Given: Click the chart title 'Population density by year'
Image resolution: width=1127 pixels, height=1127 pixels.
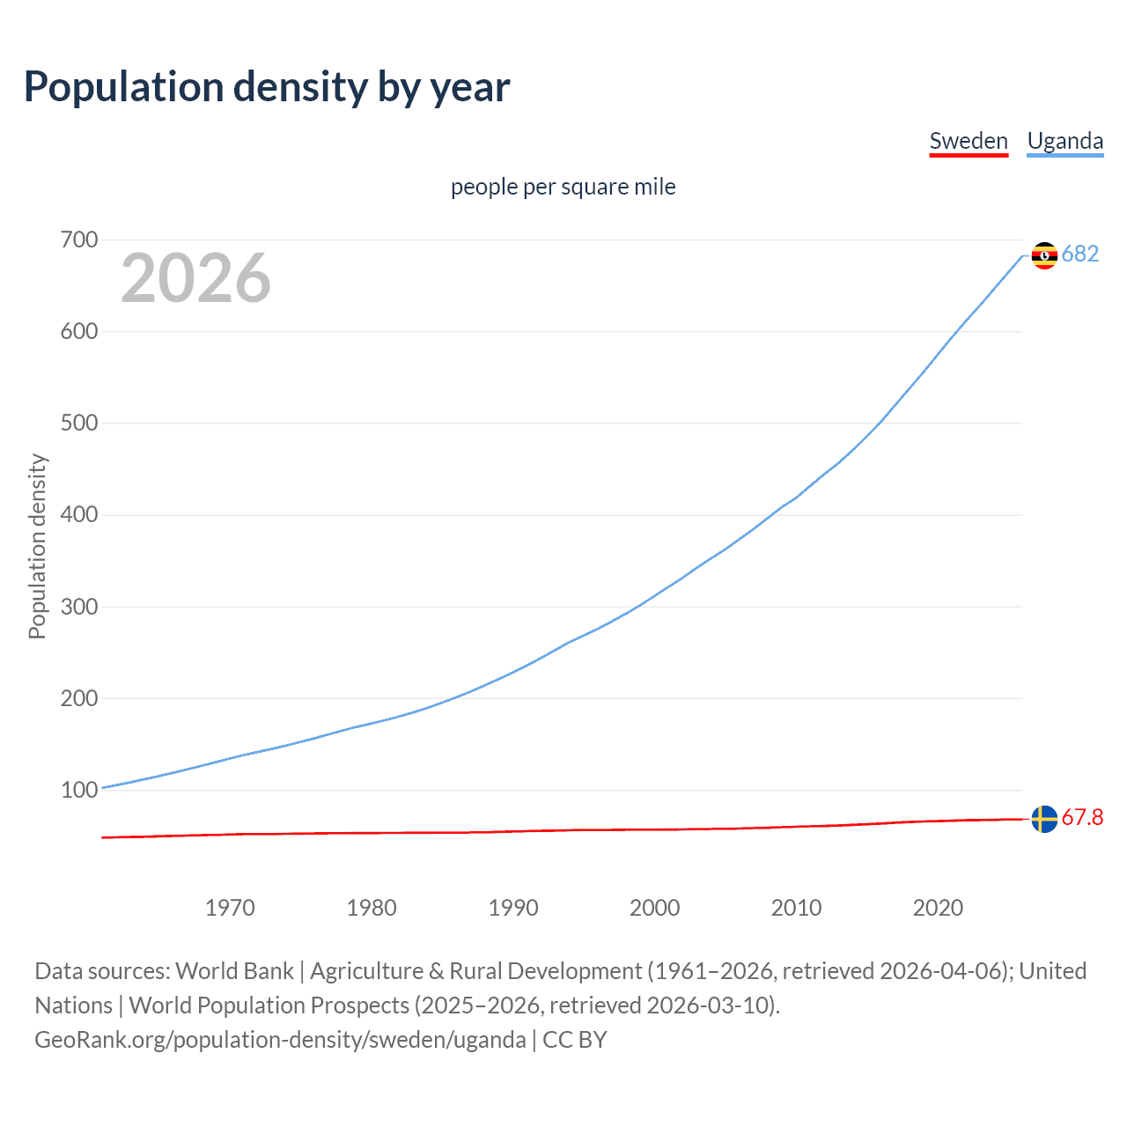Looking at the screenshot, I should [x=267, y=87].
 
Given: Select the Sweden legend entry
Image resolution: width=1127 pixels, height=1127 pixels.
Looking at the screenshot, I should [x=969, y=141].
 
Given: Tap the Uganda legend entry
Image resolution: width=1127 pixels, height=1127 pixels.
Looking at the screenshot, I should [x=1064, y=141].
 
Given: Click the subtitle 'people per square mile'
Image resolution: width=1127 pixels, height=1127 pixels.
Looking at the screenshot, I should [x=563, y=187].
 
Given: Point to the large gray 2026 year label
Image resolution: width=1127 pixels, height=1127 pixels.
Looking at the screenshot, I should [x=195, y=278].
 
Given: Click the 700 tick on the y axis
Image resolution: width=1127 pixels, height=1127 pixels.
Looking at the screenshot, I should [x=79, y=239].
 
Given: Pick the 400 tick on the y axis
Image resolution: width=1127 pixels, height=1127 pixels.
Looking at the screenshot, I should [x=79, y=514].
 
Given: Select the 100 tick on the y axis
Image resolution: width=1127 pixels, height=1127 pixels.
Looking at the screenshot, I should [x=79, y=790].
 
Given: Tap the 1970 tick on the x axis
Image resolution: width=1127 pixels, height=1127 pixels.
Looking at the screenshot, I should [x=230, y=908].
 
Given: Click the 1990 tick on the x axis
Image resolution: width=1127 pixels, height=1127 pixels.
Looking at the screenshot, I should [x=513, y=908].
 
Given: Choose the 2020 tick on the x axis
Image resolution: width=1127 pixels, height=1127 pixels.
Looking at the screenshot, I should [x=938, y=908].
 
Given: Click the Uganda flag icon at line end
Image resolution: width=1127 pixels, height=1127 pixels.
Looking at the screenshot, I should [x=1044, y=255].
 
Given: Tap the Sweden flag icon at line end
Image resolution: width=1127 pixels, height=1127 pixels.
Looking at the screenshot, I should [x=1044, y=819].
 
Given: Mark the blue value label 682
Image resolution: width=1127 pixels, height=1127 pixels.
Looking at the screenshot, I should [x=1080, y=254].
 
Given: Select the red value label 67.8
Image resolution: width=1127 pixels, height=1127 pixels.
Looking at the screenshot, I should [x=1082, y=818].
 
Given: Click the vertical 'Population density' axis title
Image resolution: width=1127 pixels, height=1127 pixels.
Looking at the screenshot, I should [x=37, y=546].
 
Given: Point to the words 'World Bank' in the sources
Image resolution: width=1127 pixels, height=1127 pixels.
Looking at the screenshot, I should [x=234, y=971].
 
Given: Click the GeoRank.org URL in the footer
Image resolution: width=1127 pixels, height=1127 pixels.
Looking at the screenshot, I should [x=280, y=1040].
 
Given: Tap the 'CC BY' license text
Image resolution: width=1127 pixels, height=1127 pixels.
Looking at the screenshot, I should [x=575, y=1040].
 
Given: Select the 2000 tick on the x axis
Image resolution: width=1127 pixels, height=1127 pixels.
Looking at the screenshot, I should [x=654, y=908].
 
